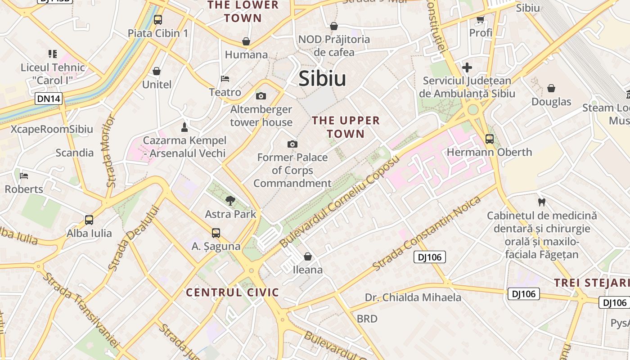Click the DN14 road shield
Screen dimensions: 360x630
coord(49,99)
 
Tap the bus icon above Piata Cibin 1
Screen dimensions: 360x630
coord(157,19)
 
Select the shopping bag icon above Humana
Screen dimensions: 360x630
coord(246,41)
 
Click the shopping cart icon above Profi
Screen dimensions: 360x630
coord(480,19)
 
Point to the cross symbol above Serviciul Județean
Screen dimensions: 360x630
coord(467,67)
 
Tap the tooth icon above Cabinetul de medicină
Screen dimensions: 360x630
coord(541,202)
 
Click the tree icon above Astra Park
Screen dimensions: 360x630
coord(230,200)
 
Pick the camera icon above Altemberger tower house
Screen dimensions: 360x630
coord(261,96)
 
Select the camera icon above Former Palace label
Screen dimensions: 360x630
coord(292,144)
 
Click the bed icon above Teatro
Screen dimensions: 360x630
coord(225,79)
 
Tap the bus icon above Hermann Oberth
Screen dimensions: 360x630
coord(489,139)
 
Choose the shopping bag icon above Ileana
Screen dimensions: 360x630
coord(308,256)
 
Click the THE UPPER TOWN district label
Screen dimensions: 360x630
coord(346,127)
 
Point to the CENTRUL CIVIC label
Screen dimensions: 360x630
coord(233,292)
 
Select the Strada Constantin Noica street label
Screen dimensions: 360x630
coord(421,234)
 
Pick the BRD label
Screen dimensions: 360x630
coord(367,319)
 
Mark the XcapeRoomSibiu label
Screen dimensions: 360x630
coord(52,129)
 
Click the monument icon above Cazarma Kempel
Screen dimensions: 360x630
coord(184,127)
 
